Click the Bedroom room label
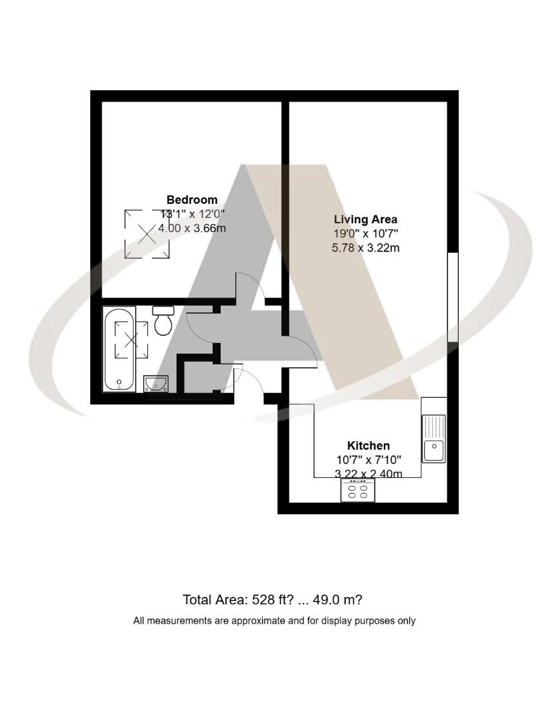192,199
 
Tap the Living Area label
365,219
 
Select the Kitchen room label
368,445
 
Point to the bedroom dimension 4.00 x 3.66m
191,229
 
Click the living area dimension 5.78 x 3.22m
365,248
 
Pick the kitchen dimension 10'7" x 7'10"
368,460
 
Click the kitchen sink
433,438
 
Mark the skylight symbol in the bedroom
147,234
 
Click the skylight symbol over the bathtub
132,340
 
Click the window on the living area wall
453,297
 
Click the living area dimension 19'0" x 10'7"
365,234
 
